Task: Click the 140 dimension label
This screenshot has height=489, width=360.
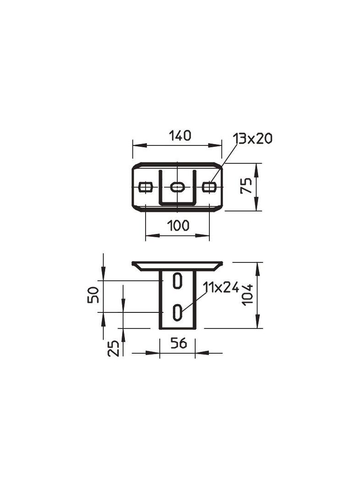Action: [180, 136]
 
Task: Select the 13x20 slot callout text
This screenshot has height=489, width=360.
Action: [253, 138]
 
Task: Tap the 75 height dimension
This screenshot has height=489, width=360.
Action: [246, 185]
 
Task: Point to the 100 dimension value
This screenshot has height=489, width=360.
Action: [178, 226]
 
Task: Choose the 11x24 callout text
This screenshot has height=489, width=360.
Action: [221, 287]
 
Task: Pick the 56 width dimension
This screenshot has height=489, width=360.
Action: [179, 344]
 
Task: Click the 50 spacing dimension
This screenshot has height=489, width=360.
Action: [93, 295]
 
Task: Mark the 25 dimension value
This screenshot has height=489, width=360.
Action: [113, 348]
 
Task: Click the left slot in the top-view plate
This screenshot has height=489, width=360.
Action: [145, 187]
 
